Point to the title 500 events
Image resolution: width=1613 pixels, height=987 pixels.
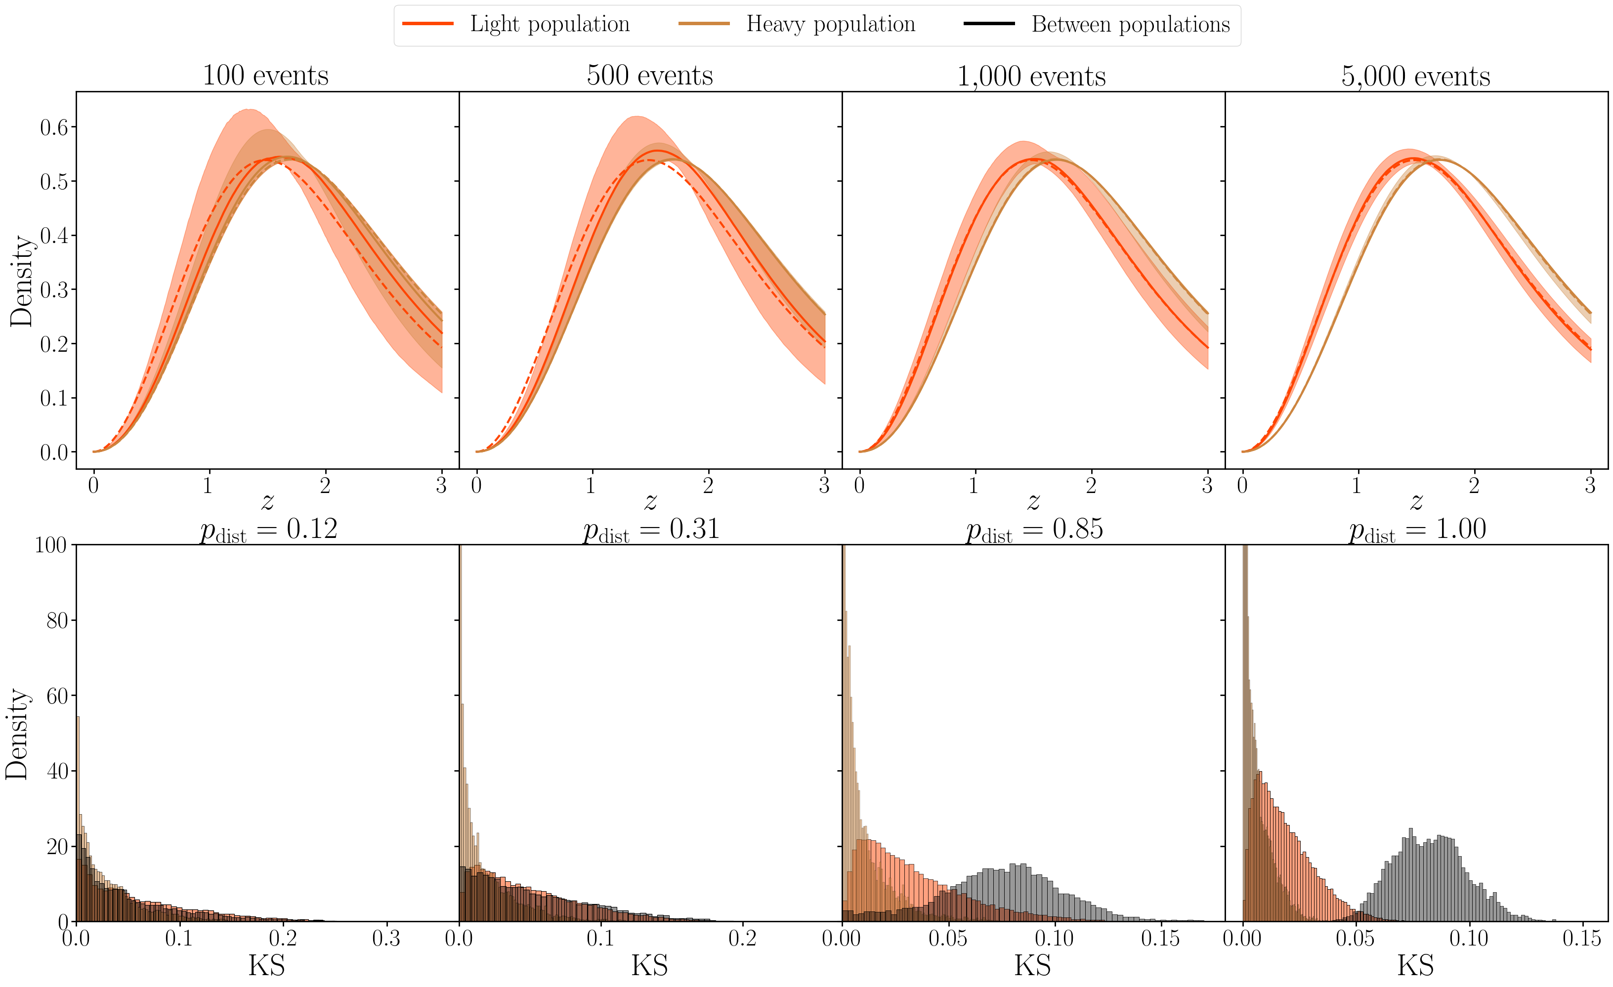[649, 76]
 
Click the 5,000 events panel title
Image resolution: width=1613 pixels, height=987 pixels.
[1415, 77]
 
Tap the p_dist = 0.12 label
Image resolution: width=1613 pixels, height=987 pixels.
[268, 530]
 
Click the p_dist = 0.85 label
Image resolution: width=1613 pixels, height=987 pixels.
[1034, 530]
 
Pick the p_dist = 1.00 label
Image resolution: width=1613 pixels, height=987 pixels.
[1417, 530]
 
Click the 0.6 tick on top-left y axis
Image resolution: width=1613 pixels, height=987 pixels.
[54, 127]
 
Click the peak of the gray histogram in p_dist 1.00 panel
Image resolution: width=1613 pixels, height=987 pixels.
[1411, 829]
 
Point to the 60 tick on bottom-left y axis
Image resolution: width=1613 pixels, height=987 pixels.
[57, 696]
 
